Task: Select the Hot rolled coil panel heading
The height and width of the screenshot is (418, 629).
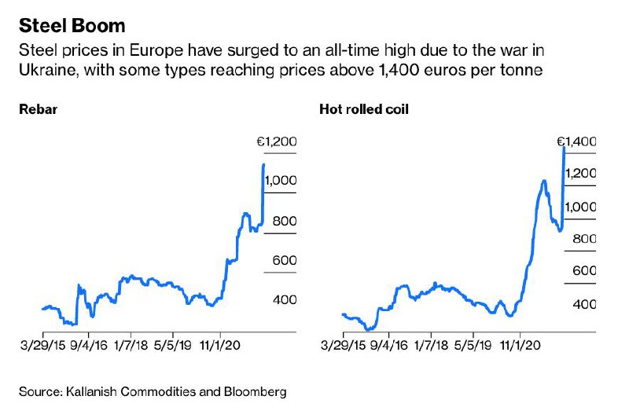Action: tap(363, 109)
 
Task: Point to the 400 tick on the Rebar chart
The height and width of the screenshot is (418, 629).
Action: tap(284, 300)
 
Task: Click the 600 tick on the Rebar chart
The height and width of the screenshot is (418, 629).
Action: tap(284, 261)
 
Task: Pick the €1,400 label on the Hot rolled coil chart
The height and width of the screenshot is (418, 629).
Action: tap(576, 142)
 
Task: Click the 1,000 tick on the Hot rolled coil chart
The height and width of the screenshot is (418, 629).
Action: tap(579, 207)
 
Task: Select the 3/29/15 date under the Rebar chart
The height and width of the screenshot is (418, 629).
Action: tap(42, 345)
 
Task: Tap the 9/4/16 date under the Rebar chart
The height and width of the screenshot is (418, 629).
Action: tap(87, 345)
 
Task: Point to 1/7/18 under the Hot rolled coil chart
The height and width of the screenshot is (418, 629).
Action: tap(430, 345)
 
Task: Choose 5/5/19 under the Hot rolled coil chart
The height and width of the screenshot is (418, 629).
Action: tap(474, 345)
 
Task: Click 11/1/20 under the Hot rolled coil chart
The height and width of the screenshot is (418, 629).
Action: tap(520, 345)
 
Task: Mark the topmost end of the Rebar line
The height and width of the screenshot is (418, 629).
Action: tap(263, 164)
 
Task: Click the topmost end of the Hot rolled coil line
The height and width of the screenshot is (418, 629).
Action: tap(565, 148)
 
